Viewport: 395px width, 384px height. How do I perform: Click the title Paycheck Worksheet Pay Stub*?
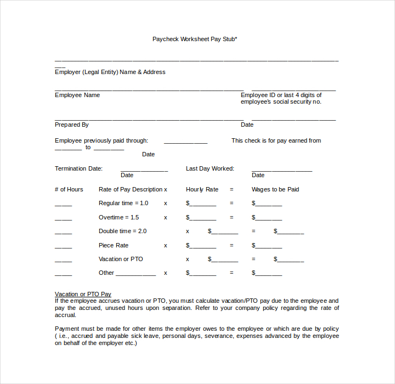pos(195,39)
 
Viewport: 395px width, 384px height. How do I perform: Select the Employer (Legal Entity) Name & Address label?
pos(110,72)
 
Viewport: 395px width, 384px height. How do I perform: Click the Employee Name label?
pos(77,95)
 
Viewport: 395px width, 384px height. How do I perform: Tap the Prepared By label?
pos(72,125)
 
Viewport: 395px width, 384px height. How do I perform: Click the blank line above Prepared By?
pos(149,119)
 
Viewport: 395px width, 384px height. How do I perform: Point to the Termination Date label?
pos(78,168)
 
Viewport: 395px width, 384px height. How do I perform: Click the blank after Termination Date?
pos(144,171)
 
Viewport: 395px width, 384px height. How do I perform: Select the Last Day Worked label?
pos(210,168)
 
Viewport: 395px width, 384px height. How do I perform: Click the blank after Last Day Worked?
pos(281,171)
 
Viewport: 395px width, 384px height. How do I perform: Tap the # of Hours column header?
pos(69,189)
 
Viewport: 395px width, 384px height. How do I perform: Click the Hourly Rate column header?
pos(202,189)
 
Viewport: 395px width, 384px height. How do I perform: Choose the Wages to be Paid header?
pos(275,189)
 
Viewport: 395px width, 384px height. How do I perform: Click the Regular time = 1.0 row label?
pos(123,203)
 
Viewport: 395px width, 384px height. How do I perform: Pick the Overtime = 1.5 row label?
pos(119,217)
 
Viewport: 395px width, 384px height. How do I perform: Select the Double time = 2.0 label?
pos(123,231)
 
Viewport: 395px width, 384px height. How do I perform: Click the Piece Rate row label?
pos(114,245)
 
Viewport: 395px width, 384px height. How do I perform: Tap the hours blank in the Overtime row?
pos(63,219)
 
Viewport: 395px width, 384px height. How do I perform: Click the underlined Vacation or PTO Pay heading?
pos(83,294)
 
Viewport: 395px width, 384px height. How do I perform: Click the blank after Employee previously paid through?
pos(185,143)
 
